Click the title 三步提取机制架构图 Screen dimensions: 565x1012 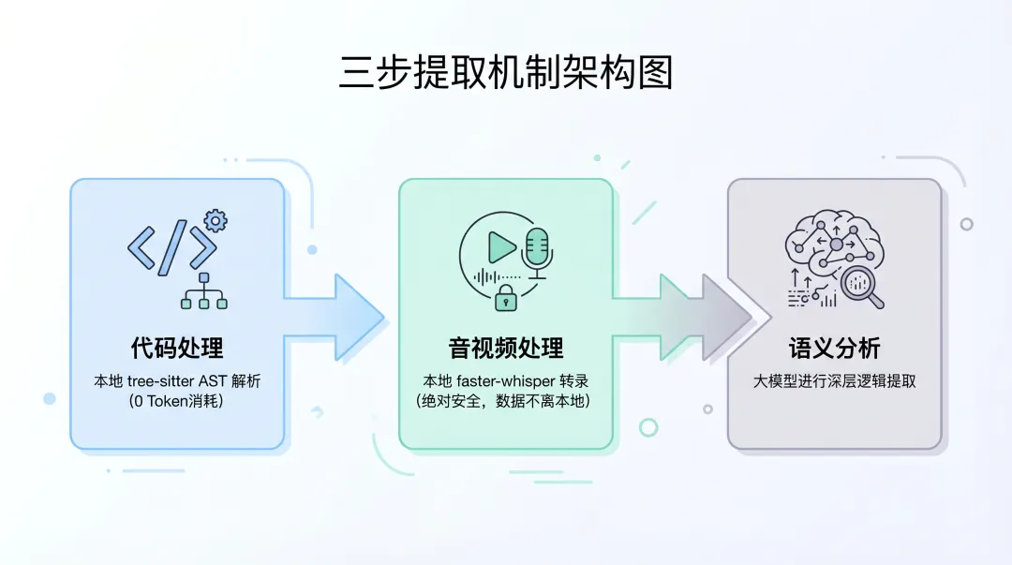[x=506, y=72]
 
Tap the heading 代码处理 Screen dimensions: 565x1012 [x=177, y=349]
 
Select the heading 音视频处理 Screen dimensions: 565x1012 [x=506, y=349]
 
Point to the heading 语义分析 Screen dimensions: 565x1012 [x=834, y=349]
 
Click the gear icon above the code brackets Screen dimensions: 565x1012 [x=216, y=222]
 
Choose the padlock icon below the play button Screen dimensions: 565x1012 [x=506, y=299]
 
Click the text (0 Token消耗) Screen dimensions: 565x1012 [x=177, y=401]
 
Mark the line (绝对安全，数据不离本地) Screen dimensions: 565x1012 [x=506, y=401]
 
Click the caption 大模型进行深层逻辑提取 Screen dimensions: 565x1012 [x=834, y=381]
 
